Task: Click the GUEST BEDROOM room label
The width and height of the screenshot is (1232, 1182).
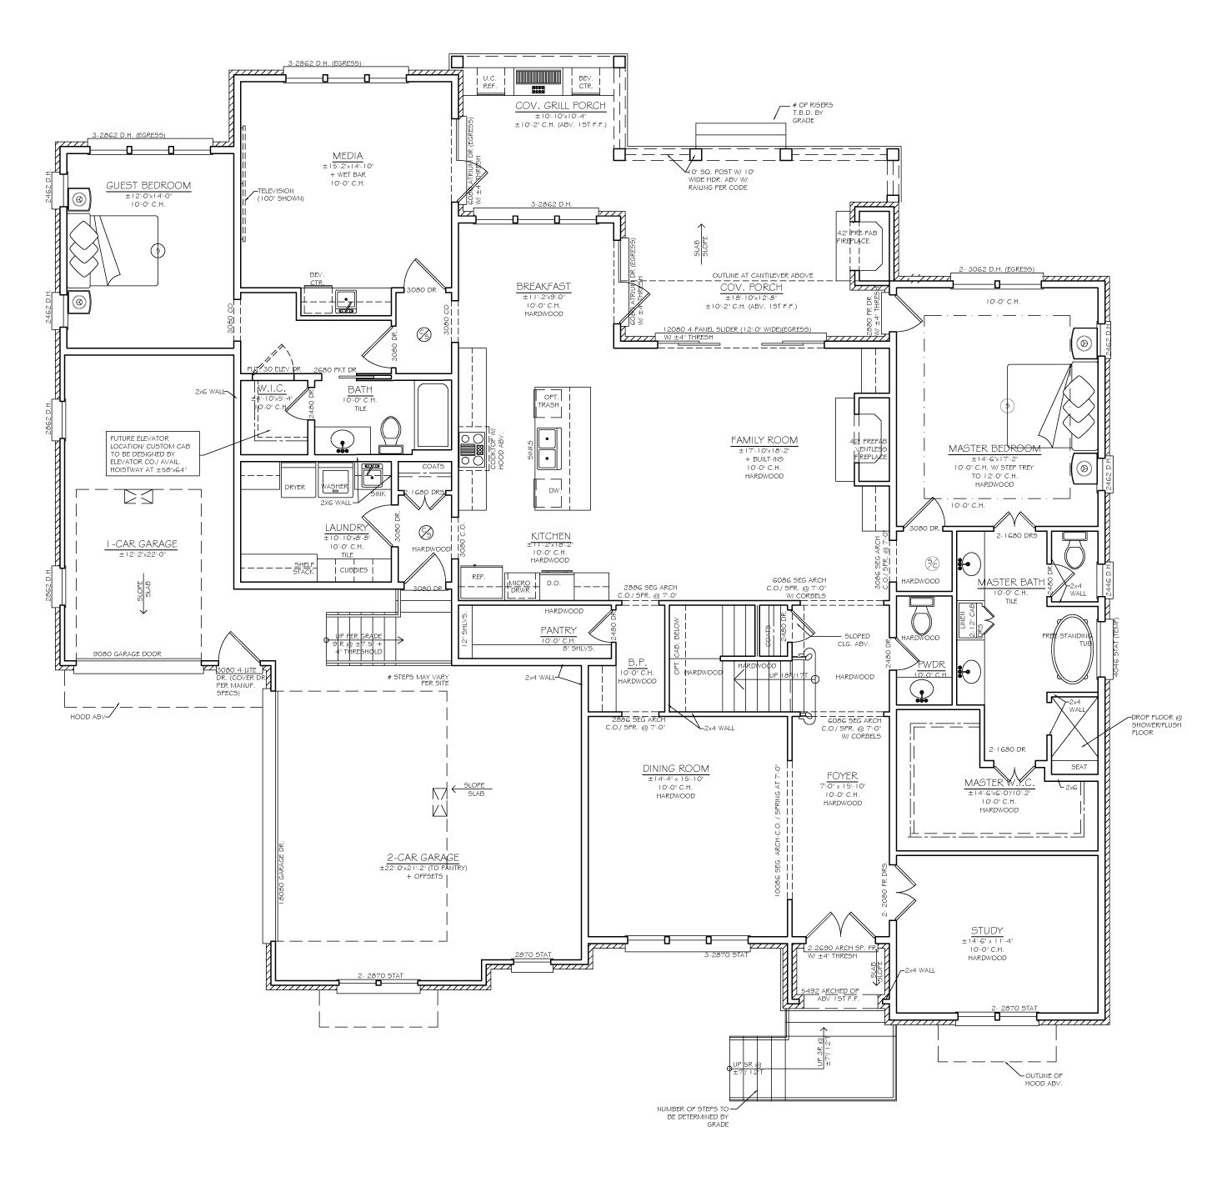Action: tap(148, 186)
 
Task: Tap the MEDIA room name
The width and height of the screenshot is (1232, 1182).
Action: tap(347, 156)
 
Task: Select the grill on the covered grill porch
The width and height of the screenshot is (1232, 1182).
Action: tap(538, 78)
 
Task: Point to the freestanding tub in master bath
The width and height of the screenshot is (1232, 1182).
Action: tap(1074, 649)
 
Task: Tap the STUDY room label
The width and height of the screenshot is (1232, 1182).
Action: tap(986, 930)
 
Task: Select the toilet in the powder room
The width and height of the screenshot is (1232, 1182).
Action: tap(923, 618)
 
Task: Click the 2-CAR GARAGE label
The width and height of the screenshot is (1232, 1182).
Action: tap(423, 858)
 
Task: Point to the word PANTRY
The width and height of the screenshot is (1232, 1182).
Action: tap(558, 630)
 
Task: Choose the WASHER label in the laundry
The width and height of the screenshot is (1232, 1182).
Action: tap(334, 486)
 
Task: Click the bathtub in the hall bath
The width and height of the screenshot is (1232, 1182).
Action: tap(433, 415)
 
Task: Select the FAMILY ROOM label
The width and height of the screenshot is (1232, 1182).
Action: tap(764, 440)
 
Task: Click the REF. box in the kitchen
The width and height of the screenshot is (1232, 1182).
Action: tap(478, 576)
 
